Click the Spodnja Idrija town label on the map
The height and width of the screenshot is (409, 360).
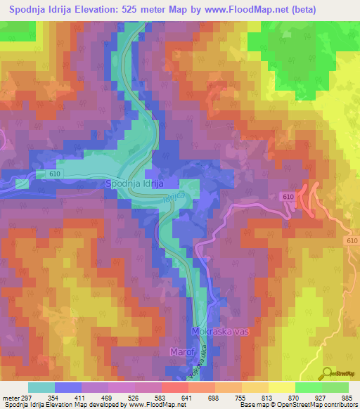134,183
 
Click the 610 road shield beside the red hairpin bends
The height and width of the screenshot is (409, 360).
286,196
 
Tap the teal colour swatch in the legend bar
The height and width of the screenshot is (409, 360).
41,387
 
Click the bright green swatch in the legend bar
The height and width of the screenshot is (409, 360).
308,387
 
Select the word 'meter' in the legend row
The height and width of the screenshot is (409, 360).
12,398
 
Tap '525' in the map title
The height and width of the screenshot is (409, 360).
141,9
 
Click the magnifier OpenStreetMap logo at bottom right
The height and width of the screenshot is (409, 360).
326,373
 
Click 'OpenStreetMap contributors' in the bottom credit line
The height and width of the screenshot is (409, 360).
319,405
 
